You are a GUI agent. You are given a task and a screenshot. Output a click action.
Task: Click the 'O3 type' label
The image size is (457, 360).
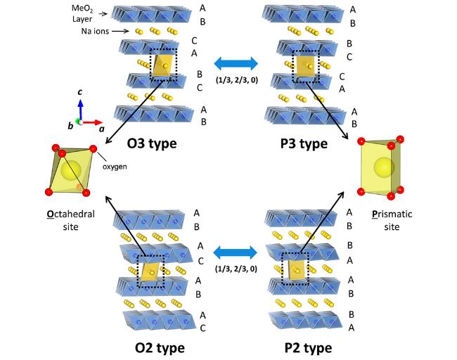(x=151, y=144)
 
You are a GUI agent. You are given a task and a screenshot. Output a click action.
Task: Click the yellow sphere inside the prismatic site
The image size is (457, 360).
(x=382, y=167)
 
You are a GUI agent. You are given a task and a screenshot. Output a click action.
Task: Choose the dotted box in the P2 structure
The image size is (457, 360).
(x=294, y=266)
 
